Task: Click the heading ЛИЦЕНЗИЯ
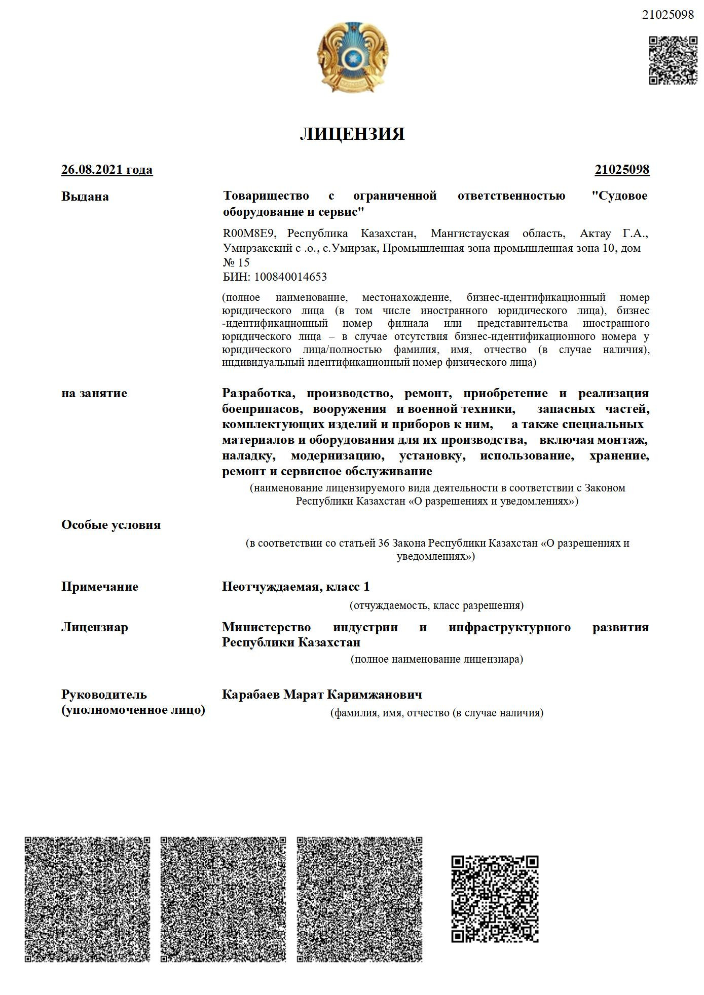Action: point(352,134)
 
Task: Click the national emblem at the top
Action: point(353,57)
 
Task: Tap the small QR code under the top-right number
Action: point(673,60)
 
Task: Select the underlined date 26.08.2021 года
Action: point(107,170)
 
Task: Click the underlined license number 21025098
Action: point(622,170)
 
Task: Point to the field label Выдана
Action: point(85,197)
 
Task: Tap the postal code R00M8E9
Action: point(248,234)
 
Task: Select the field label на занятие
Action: point(94,394)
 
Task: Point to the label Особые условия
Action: point(111,525)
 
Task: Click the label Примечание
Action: point(100,587)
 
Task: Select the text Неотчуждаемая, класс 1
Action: point(296,587)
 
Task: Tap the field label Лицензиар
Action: point(95,627)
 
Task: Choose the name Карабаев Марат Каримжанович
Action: point(322,695)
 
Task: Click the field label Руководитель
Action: point(104,695)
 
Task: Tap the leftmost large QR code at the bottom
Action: point(88,899)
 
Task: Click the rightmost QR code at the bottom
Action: point(495,899)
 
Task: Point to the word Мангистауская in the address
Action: point(470,234)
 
